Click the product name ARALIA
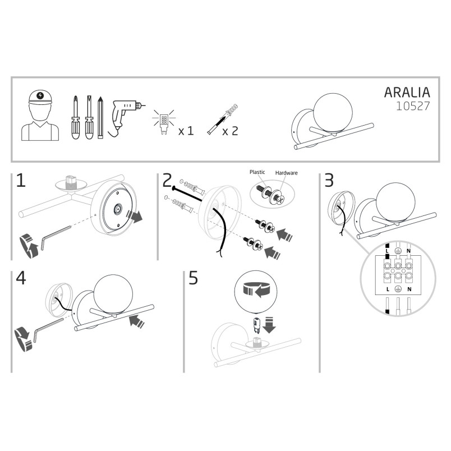click(407, 93)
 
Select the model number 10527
click(413, 106)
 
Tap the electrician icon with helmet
click(40, 116)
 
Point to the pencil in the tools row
click(100, 117)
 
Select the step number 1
click(21, 181)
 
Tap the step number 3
click(329, 181)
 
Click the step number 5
click(194, 278)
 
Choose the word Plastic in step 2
click(257, 172)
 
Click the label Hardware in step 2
click(286, 173)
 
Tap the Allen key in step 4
click(48, 329)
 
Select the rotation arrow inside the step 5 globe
click(256, 289)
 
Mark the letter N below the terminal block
click(409, 289)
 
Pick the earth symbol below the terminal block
click(398, 289)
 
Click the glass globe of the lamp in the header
click(332, 113)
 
